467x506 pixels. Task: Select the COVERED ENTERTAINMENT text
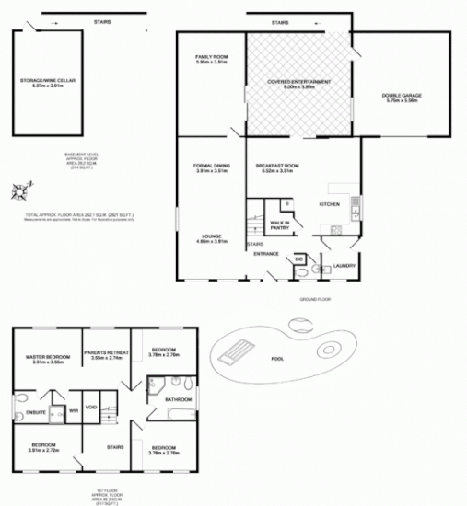(x=299, y=82)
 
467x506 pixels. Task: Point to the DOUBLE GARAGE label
(x=400, y=98)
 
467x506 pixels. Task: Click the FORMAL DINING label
(x=211, y=167)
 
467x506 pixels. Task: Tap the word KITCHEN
(x=330, y=203)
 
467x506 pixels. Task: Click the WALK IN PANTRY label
(x=280, y=224)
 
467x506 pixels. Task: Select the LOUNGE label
(x=211, y=237)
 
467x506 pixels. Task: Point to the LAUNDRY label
(x=344, y=266)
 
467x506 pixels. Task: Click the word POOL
(x=276, y=359)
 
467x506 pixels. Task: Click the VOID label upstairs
(x=91, y=406)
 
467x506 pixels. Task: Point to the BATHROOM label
(x=178, y=399)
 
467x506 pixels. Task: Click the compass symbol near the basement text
(x=19, y=192)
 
